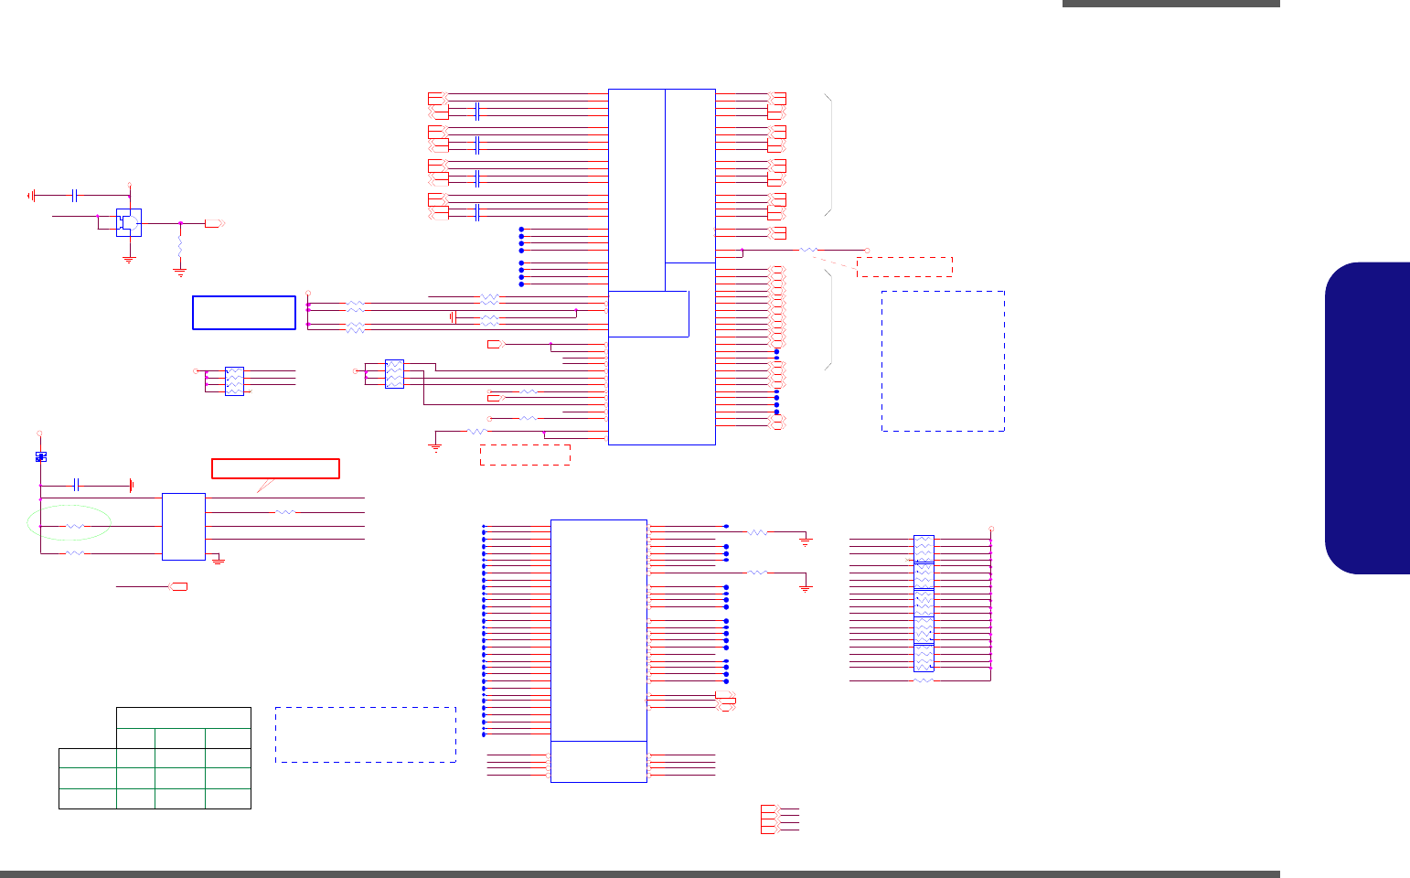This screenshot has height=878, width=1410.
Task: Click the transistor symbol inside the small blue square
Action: (x=129, y=222)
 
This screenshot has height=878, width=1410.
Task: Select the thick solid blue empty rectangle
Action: (x=244, y=312)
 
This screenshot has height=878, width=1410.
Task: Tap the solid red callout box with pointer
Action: (x=275, y=468)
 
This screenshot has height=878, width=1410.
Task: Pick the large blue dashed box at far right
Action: (x=943, y=360)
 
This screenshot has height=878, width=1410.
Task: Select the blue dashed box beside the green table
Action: (x=365, y=734)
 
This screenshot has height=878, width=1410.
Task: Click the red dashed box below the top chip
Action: (x=525, y=455)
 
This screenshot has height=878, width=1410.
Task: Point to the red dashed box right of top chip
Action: (x=904, y=266)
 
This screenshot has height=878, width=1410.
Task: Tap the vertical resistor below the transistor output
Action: (x=180, y=247)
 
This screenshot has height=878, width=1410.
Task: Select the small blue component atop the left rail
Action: (x=40, y=455)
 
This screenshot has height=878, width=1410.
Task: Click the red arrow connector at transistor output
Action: (x=214, y=223)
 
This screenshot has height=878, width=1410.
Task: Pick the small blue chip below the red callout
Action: (x=183, y=527)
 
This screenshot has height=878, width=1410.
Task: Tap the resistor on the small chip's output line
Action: (x=285, y=512)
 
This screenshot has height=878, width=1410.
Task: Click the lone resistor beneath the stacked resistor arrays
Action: (x=924, y=680)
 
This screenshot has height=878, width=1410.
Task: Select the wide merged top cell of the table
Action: (x=183, y=717)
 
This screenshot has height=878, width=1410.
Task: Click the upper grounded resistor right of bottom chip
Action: (x=757, y=531)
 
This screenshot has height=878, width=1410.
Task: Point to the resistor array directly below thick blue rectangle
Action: (x=234, y=380)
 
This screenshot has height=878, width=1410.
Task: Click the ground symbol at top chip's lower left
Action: (x=435, y=447)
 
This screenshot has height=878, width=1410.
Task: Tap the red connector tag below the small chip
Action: (x=179, y=585)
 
